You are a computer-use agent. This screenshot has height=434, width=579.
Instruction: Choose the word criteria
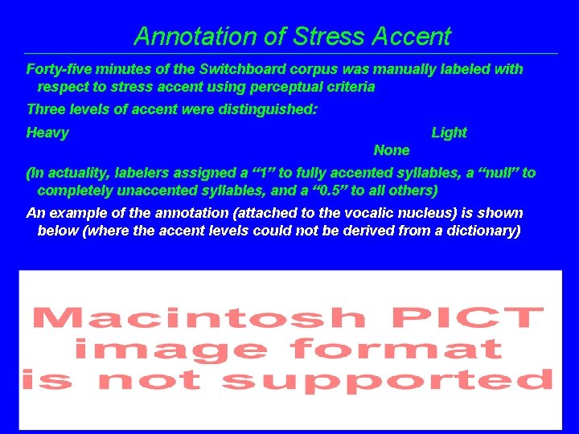(347, 87)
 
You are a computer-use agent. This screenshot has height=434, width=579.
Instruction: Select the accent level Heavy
(47, 133)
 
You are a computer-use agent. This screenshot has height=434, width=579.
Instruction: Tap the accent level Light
(449, 133)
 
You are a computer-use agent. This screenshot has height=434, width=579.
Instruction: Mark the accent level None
(392, 150)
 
